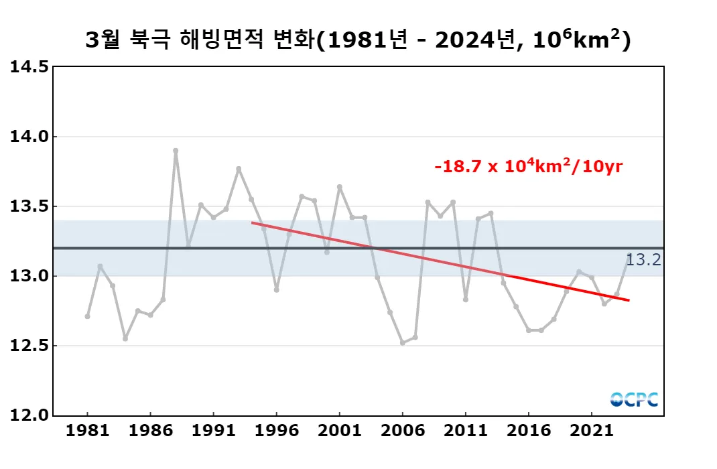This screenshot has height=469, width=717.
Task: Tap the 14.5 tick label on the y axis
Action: [x=29, y=67]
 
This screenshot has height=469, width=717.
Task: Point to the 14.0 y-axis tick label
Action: [x=29, y=137]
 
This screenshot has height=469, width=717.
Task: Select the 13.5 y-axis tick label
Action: [x=29, y=206]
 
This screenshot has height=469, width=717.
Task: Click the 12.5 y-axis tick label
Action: [x=29, y=346]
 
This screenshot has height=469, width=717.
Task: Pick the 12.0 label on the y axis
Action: [x=29, y=415]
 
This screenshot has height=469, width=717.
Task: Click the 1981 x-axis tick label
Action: [x=87, y=429]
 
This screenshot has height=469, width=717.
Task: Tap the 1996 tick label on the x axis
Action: [x=276, y=429]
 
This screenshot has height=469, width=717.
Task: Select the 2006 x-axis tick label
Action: [x=402, y=429]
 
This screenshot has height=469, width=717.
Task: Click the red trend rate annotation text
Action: [x=528, y=167]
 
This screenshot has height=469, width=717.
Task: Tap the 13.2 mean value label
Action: [x=643, y=260]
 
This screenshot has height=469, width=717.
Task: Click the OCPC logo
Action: [x=633, y=399]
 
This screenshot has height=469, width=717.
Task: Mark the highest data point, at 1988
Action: [x=176, y=151]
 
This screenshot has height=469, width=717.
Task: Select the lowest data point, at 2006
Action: [x=402, y=343]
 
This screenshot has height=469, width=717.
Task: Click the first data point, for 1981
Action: [x=87, y=316]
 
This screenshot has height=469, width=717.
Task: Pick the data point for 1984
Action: [x=125, y=338]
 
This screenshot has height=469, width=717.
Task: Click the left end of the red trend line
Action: [x=252, y=222]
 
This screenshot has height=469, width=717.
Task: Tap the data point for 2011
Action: [x=466, y=299]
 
